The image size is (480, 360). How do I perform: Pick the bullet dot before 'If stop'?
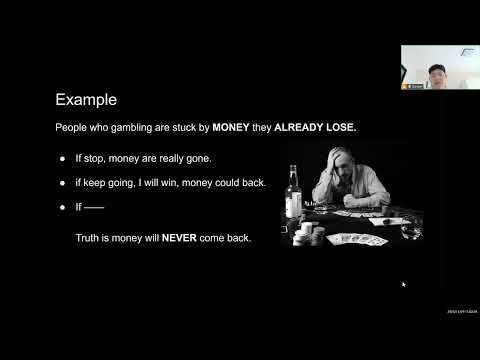62,160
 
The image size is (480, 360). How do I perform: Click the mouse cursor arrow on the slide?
403,285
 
